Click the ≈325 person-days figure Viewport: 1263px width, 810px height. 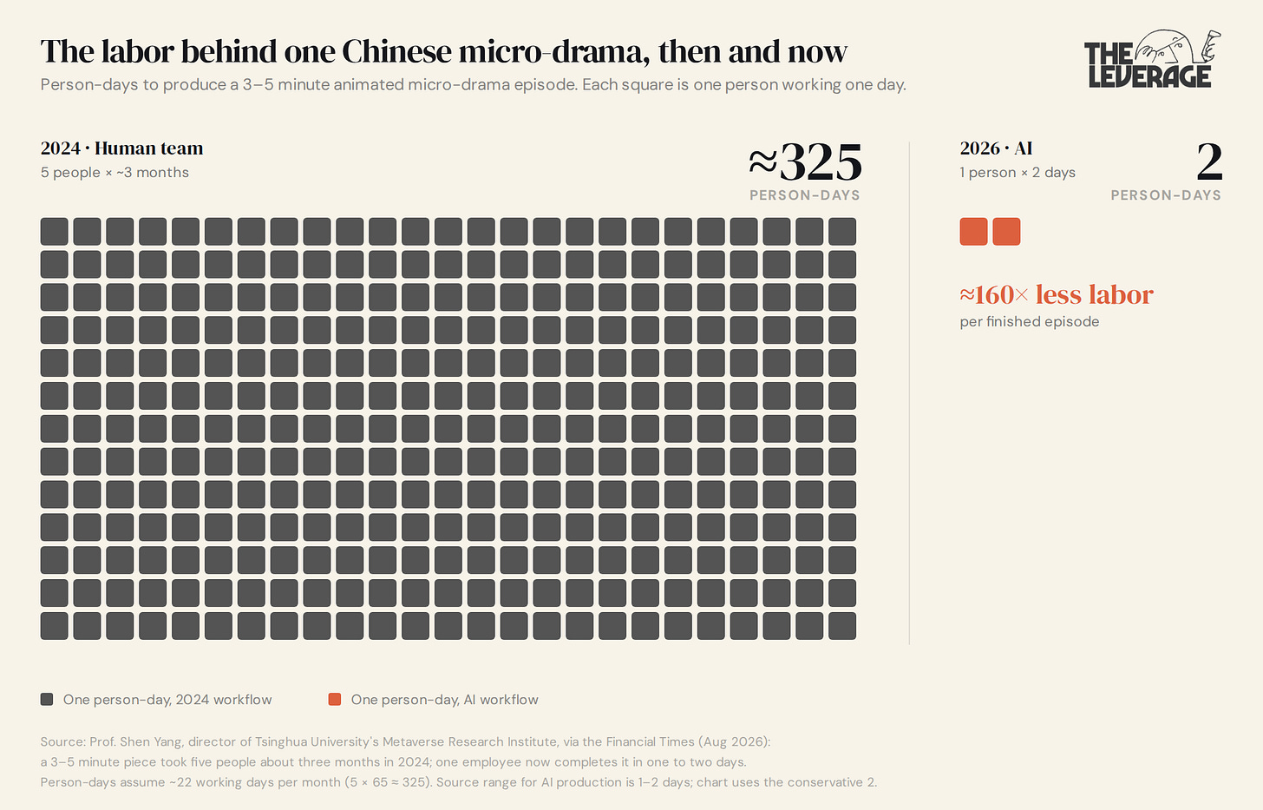click(x=805, y=161)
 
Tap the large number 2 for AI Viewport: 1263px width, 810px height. click(x=1209, y=161)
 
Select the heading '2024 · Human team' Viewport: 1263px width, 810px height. click(x=121, y=148)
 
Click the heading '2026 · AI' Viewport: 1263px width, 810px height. click(x=996, y=148)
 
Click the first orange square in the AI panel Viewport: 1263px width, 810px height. click(x=974, y=232)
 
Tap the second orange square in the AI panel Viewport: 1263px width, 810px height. click(x=1006, y=232)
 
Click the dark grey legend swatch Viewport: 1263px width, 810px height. click(x=47, y=700)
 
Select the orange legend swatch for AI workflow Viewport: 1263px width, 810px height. click(x=335, y=700)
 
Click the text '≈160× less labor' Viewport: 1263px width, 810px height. click(x=1057, y=294)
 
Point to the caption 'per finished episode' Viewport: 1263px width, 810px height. click(x=1030, y=322)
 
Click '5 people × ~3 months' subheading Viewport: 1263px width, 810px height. click(x=115, y=172)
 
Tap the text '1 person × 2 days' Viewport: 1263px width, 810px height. click(x=1018, y=172)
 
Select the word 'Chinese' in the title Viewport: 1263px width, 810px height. click(x=396, y=51)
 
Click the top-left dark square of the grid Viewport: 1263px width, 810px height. click(x=54, y=232)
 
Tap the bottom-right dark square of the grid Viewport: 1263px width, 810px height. click(x=842, y=626)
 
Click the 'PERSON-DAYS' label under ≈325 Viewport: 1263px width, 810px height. click(x=805, y=195)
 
